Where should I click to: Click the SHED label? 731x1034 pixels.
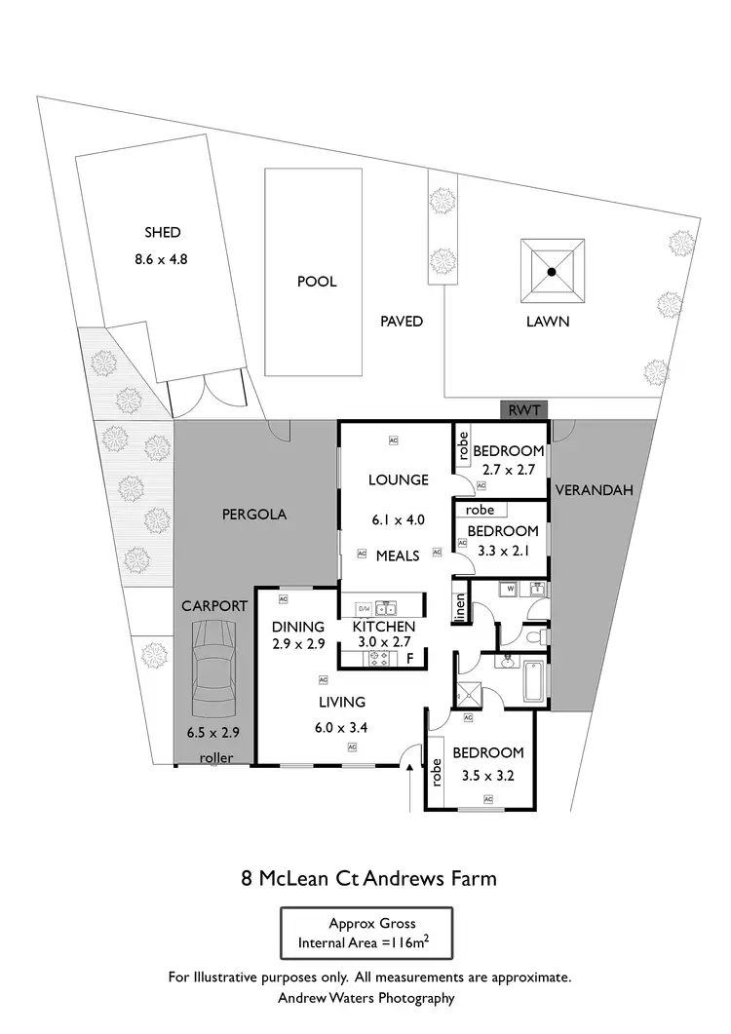pyautogui.click(x=163, y=232)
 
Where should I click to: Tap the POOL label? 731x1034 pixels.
pyautogui.click(x=317, y=282)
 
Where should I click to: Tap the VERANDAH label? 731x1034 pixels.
pyautogui.click(x=595, y=490)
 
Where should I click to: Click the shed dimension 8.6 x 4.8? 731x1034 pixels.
pyautogui.click(x=163, y=260)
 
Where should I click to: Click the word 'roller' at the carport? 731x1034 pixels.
pyautogui.click(x=216, y=757)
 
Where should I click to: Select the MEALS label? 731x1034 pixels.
pyautogui.click(x=398, y=555)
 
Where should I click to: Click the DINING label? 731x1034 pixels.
pyautogui.click(x=297, y=627)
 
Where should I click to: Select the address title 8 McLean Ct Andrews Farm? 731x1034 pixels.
pyautogui.click(x=368, y=878)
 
